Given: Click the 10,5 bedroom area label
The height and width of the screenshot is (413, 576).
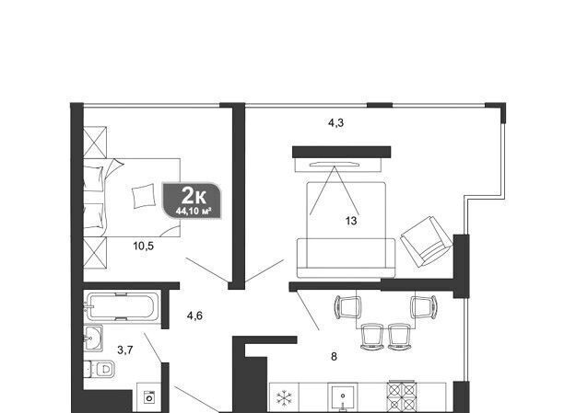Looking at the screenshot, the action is pyautogui.click(x=143, y=247).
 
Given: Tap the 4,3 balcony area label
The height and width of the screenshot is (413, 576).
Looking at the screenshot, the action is pyautogui.click(x=335, y=123).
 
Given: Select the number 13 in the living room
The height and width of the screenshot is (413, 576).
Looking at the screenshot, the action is pyautogui.click(x=351, y=221).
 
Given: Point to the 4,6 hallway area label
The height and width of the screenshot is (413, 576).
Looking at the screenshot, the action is pyautogui.click(x=194, y=315).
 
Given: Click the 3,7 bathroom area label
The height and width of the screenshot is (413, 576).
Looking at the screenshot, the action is pyautogui.click(x=125, y=350).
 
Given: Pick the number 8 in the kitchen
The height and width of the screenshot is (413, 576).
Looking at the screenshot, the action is pyautogui.click(x=334, y=357).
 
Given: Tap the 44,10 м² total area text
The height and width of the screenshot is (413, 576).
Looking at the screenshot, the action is pyautogui.click(x=194, y=212).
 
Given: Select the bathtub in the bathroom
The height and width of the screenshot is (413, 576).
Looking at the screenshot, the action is pyautogui.click(x=122, y=306).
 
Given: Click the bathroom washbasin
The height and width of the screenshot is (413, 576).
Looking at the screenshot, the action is pyautogui.click(x=93, y=338).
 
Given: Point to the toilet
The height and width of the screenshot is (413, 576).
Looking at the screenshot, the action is pyautogui.click(x=99, y=369).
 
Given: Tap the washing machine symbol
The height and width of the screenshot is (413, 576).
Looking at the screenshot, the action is pyautogui.click(x=149, y=397).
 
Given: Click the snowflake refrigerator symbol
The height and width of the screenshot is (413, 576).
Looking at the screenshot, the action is pyautogui.click(x=284, y=398).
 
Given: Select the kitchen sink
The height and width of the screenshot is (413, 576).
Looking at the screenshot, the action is pyautogui.click(x=343, y=397).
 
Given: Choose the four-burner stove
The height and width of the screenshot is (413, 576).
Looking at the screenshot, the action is pyautogui.click(x=402, y=397).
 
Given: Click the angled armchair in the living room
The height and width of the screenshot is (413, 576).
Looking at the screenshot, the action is pyautogui.click(x=427, y=241).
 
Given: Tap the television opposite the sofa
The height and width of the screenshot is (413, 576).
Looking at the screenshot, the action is pyautogui.click(x=335, y=165).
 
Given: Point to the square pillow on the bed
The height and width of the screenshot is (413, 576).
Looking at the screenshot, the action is pyautogui.click(x=144, y=196).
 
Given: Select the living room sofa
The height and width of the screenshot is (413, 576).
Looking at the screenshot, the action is pyautogui.click(x=346, y=258).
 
